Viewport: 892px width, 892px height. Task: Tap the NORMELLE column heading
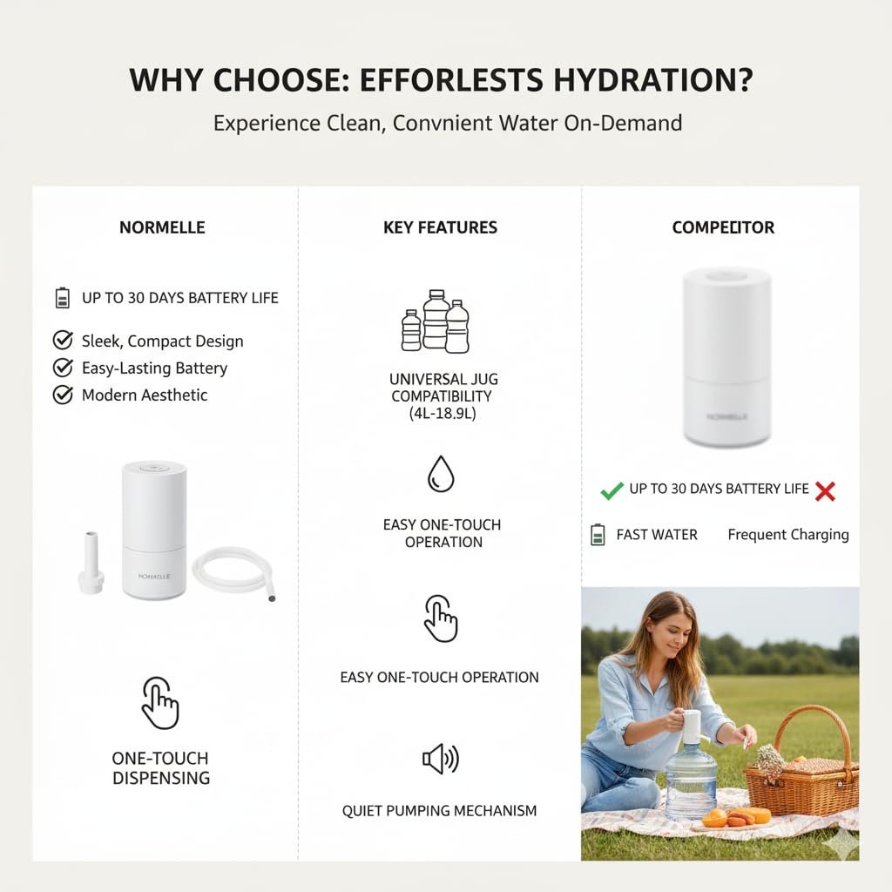coord(162,227)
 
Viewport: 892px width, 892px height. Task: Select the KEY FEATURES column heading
coord(440,227)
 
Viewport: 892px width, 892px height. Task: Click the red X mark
coord(825,491)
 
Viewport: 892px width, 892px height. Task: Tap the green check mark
coord(612,490)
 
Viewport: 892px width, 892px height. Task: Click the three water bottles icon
coord(436,321)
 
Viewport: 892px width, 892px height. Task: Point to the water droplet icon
coord(441,473)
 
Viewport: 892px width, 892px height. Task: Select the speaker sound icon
coord(441,759)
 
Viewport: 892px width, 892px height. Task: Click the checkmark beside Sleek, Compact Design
coord(63,341)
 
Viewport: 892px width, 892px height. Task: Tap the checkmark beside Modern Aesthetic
coord(63,395)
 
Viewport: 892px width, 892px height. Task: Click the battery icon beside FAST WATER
coord(598,535)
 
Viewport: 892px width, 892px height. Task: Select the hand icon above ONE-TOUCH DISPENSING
coord(160,703)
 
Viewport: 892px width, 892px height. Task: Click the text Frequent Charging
coord(787,535)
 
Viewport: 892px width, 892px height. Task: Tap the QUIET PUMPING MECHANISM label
coord(439,811)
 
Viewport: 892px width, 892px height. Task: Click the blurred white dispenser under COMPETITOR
coord(726,357)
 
